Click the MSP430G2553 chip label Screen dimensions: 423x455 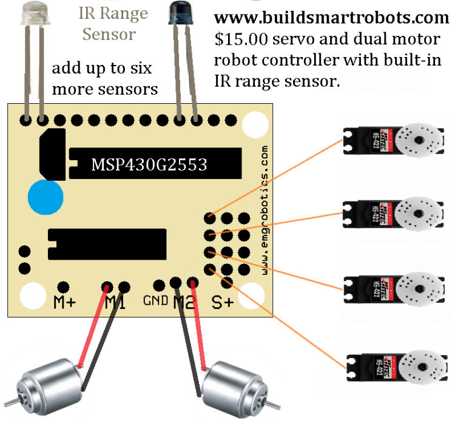(149, 164)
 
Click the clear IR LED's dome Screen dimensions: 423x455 (32, 13)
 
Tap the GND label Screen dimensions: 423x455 (155, 300)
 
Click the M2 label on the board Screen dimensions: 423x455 (184, 302)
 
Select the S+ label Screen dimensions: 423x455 (223, 302)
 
